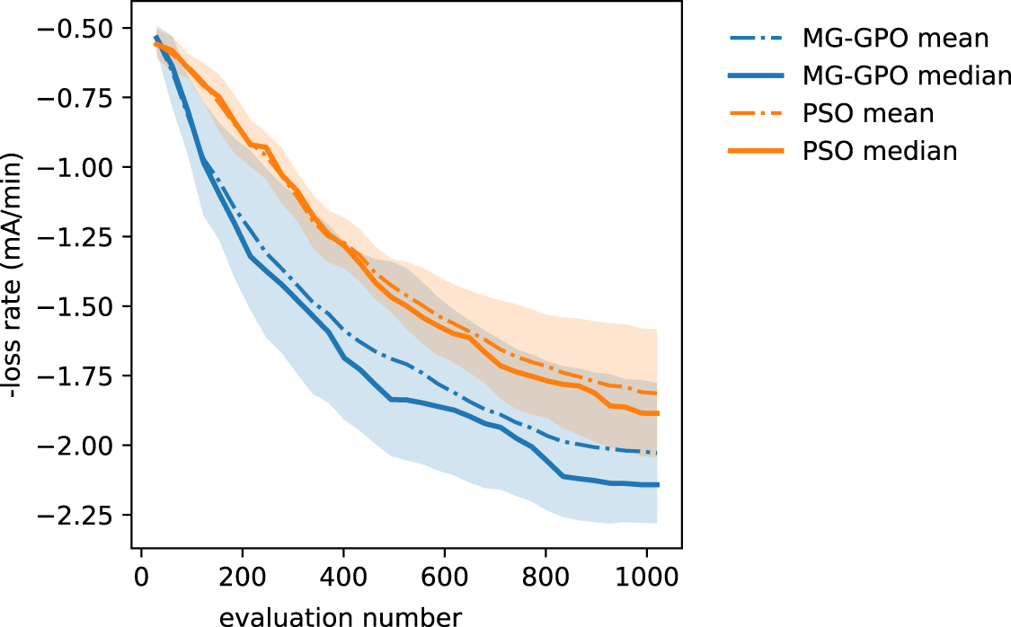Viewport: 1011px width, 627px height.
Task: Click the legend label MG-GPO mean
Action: [x=895, y=39]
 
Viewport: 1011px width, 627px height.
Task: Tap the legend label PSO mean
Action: [x=867, y=114]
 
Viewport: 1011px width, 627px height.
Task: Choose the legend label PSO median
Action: [x=879, y=151]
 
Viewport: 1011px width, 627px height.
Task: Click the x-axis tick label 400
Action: [x=343, y=575]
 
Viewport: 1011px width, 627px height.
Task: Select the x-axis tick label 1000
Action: [x=646, y=575]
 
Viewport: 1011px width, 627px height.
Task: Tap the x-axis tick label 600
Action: [x=444, y=575]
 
